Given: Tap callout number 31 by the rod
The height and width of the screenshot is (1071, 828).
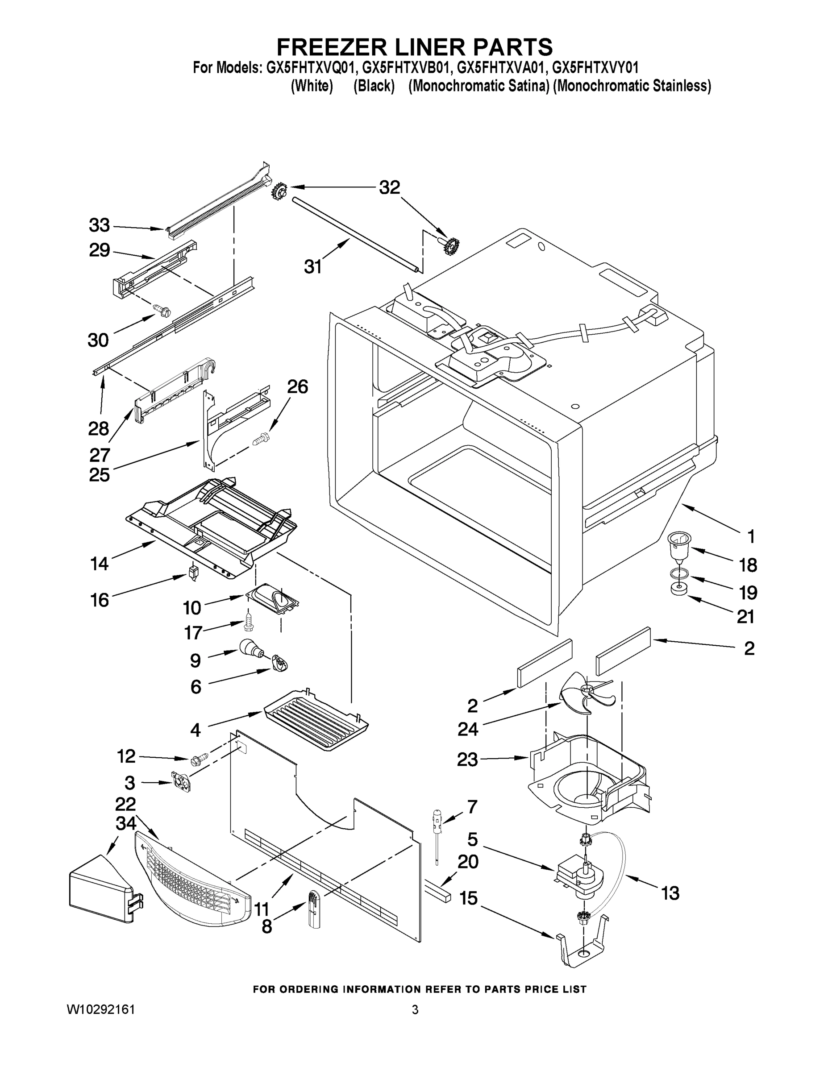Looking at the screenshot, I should coord(313,267).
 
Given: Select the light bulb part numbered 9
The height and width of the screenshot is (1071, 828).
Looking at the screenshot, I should coord(251,650).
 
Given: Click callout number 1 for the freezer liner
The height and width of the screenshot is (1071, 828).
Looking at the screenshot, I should coord(750,536).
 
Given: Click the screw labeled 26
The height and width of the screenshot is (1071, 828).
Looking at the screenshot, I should coord(261,438).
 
